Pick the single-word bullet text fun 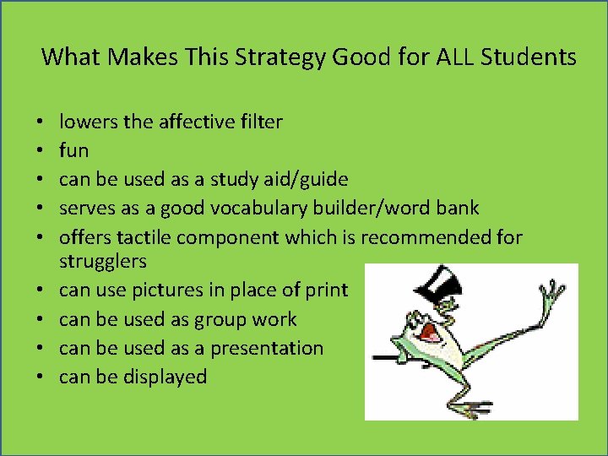73,150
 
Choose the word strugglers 101,261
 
